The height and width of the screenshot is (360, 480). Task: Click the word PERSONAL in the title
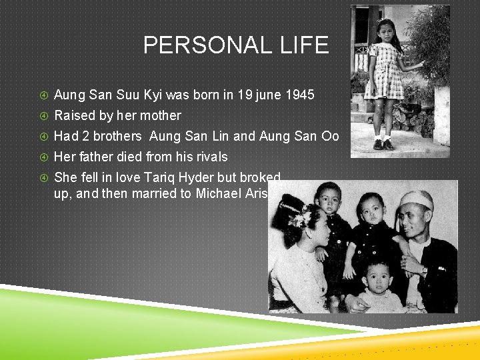tap(205, 45)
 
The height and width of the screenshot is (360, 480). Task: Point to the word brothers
tap(117, 137)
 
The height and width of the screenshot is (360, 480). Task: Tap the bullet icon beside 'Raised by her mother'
tap(43, 116)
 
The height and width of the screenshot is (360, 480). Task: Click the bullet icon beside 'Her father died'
tap(43, 157)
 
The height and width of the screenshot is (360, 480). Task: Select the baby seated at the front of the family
tap(378, 283)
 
